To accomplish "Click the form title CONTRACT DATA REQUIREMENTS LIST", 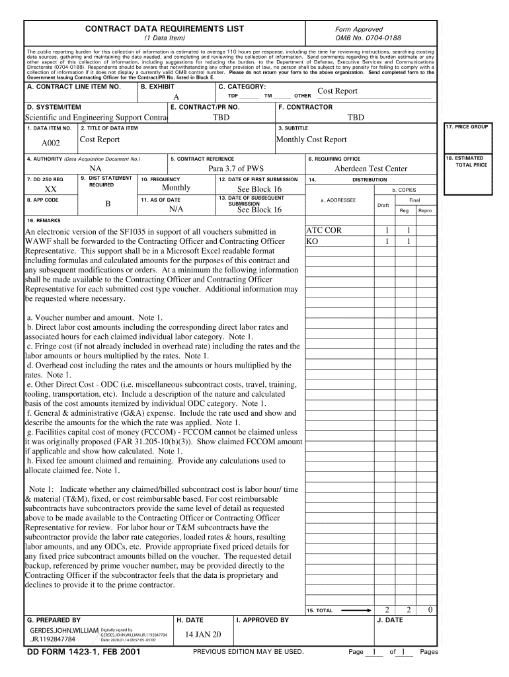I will click(x=164, y=29).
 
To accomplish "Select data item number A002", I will click(x=51, y=143).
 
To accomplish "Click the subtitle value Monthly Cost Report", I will click(x=311, y=139).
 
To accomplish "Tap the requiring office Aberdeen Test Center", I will click(x=370, y=169).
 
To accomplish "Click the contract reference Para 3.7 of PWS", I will click(x=235, y=169).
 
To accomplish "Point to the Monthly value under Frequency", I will click(x=176, y=188).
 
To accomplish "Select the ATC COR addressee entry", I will click(x=324, y=231).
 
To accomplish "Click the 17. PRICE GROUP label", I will click(x=467, y=126).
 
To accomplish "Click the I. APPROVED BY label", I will click(x=262, y=620).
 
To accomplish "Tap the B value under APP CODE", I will click(x=107, y=204).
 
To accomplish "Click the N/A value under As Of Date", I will click(x=176, y=209).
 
